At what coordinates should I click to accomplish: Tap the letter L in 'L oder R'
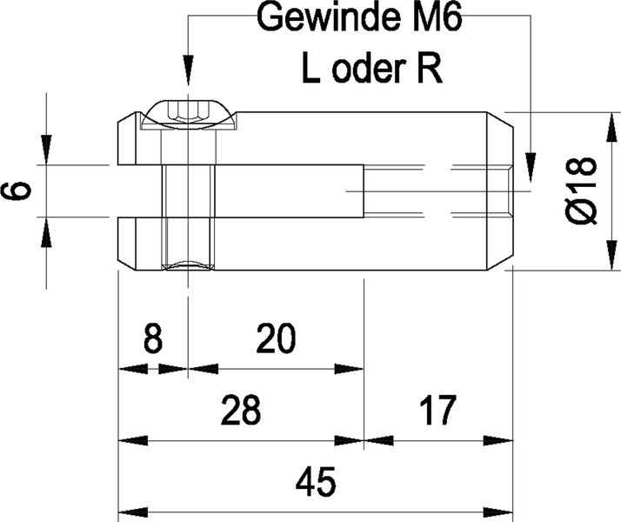coord(310,68)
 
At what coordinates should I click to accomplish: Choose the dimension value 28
coord(239,409)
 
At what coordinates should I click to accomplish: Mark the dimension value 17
coord(437,409)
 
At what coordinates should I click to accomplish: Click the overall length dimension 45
coord(316,481)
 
